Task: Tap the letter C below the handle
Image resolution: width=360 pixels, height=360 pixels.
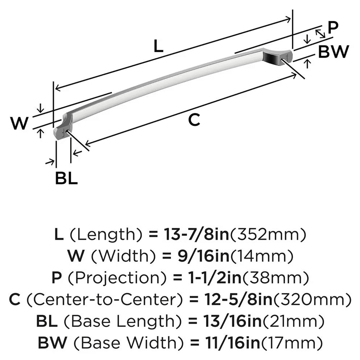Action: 194,120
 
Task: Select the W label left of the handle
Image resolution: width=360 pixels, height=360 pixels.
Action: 19,124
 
